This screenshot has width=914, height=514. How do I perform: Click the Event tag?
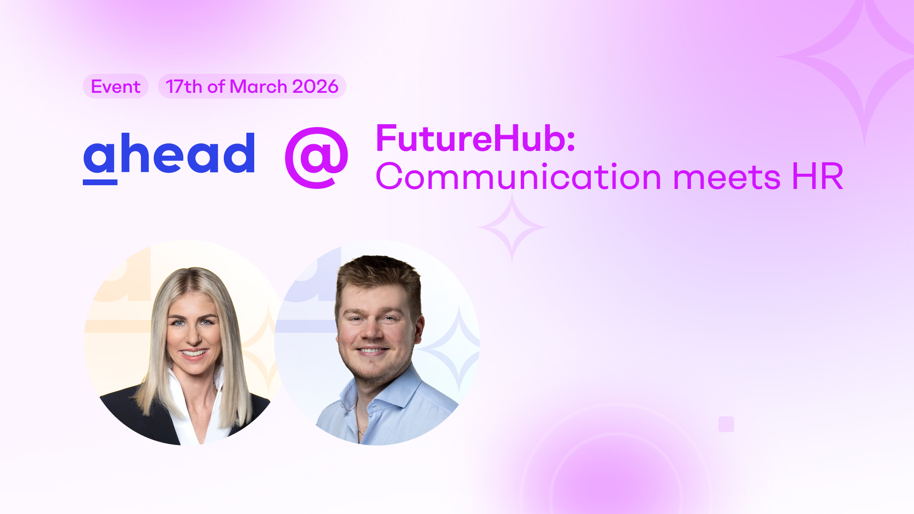click(116, 87)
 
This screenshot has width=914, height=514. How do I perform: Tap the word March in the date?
click(258, 87)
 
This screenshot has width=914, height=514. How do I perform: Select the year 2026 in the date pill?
click(315, 87)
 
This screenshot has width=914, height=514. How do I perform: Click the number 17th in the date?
click(184, 87)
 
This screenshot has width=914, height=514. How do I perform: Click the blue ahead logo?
click(169, 155)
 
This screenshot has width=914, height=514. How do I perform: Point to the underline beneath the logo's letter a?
click(100, 182)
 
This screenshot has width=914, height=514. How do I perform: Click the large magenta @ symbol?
click(317, 157)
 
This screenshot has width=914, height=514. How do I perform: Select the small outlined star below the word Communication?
click(512, 227)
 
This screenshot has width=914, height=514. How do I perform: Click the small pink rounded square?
click(726, 424)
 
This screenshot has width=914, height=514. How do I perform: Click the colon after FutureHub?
click(571, 140)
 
